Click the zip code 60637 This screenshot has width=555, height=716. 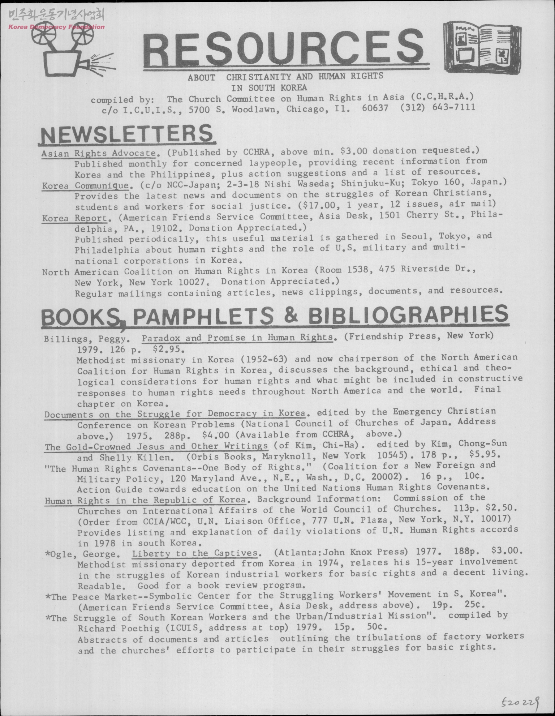(375, 108)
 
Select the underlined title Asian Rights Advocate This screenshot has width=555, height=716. (99, 153)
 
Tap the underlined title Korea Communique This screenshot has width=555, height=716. (85, 186)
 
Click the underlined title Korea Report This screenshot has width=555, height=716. (75, 218)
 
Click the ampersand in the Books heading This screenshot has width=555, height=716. (291, 315)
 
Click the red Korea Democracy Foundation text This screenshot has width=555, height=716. (56, 27)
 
